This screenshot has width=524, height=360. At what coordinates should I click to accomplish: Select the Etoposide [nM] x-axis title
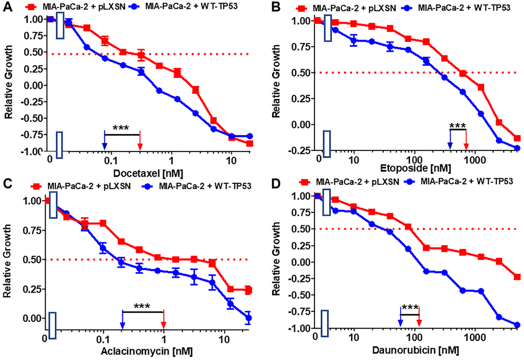pos(405,168)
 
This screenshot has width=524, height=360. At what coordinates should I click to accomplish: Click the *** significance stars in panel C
pos(142,307)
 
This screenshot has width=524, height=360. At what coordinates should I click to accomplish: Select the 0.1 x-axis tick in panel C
pos(103,339)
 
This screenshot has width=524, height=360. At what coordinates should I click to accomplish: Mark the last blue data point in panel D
pos(517,325)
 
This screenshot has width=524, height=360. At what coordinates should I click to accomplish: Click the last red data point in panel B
pos(517,139)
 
